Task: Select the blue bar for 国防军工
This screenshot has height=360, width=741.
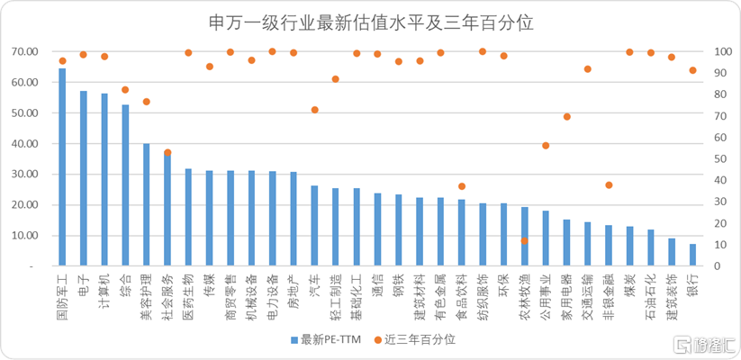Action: [x=62, y=167]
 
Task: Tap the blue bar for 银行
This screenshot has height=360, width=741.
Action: [x=693, y=256]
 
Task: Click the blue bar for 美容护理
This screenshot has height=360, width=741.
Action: [x=147, y=205]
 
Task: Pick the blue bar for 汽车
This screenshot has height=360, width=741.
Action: [x=314, y=226]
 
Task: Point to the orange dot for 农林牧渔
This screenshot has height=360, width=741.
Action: [x=525, y=241]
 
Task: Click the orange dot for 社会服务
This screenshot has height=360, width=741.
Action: [x=167, y=153]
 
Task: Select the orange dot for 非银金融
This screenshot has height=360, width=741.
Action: [x=609, y=185]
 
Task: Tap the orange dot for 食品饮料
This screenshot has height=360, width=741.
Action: [x=462, y=186]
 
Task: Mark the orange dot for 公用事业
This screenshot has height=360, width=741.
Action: [x=546, y=146]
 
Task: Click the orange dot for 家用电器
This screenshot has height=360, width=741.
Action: [x=567, y=117]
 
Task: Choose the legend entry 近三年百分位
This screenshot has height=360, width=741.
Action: [x=415, y=339]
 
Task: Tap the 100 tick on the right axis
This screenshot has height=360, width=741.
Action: [x=718, y=51]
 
